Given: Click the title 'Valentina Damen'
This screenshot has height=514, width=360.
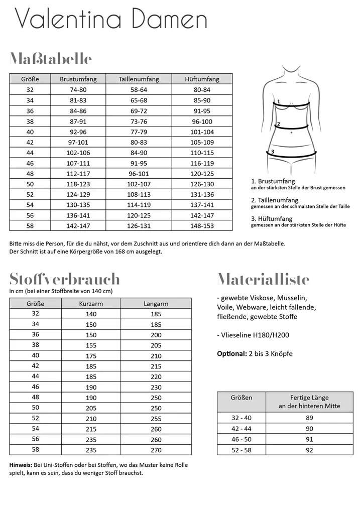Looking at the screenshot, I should [111, 20].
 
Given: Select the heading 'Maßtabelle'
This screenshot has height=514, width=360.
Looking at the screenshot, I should [51, 59].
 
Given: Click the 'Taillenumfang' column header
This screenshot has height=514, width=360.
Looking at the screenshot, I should [139, 79].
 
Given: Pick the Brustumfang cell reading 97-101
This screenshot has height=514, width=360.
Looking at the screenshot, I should [78, 143].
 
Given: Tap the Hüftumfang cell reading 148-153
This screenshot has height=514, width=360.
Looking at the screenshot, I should [202, 226].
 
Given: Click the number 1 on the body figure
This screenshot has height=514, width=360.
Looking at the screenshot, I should [278, 101].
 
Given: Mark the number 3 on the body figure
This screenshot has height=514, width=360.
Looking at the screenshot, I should [272, 151].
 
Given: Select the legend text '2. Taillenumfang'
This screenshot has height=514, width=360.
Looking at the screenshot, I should [275, 200].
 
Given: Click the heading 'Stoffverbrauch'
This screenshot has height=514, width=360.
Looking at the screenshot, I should [65, 279].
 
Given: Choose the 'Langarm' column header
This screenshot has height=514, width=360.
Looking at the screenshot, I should [156, 304].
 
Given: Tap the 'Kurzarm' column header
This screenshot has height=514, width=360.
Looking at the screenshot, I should [91, 304].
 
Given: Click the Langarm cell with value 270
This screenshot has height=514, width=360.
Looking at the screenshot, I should [156, 450].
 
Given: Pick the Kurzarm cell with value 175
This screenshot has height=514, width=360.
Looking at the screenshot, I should [91, 356].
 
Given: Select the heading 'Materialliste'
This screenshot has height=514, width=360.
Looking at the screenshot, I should [263, 279].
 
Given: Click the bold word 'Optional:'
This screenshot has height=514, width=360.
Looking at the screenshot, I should [231, 354].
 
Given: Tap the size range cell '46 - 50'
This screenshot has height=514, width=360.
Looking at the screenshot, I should [241, 439].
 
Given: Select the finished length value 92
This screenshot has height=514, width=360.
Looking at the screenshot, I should [309, 450].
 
